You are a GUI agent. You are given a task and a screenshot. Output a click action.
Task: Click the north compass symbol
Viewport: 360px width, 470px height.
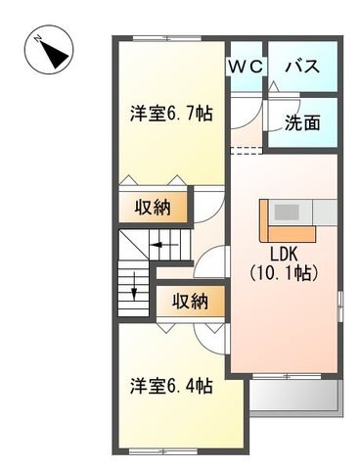[49, 50]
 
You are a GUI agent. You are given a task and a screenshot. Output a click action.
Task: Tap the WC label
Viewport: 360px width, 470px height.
[246, 67]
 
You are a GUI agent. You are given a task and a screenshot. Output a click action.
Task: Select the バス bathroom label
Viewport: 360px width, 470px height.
[302, 67]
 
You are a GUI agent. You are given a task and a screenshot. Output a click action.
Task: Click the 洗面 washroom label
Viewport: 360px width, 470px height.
[302, 122]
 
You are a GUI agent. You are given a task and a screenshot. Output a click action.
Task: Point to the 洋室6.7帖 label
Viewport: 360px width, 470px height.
[171, 114]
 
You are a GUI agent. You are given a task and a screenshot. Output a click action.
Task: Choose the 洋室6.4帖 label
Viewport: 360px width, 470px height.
[171, 386]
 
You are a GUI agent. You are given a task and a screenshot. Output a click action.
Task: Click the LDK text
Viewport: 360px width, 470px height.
[284, 254]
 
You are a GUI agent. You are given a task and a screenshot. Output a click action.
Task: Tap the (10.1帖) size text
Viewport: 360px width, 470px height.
[284, 273]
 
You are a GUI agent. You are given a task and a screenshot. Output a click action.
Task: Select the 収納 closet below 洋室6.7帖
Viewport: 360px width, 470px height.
[153, 207]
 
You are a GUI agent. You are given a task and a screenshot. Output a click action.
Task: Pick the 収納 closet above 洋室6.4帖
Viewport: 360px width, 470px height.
[191, 302]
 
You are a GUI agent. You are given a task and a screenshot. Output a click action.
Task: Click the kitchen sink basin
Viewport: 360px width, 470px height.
[287, 211]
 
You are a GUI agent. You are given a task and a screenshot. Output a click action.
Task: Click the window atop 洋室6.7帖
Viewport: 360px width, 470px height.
[167, 38]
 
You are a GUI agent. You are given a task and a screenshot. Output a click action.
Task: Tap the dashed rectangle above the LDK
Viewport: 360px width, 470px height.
[247, 151]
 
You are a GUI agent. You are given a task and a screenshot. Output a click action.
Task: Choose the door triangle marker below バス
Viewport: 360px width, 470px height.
[273, 87]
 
